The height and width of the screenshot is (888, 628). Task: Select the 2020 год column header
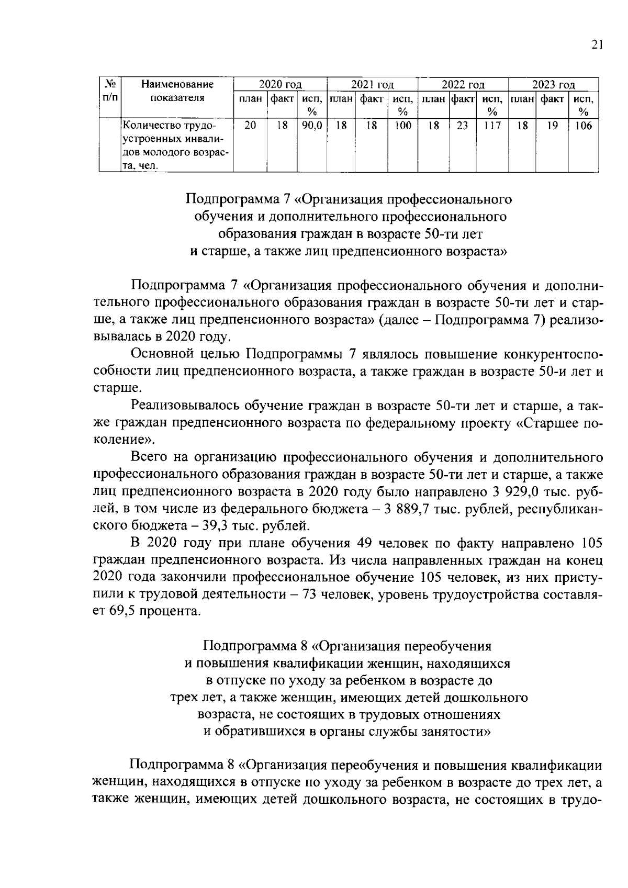tap(280, 85)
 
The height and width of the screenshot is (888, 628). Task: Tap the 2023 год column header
tap(553, 85)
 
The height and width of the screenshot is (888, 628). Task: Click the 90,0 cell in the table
tap(312, 126)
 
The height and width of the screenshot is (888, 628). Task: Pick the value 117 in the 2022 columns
tap(491, 126)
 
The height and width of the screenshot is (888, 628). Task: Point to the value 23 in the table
tap(462, 126)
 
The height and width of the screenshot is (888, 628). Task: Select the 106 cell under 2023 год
tap(583, 126)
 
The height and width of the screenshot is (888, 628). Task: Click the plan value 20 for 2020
tap(250, 126)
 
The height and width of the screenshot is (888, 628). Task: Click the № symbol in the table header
tap(110, 84)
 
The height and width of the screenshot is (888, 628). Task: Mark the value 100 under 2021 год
tap(402, 126)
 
